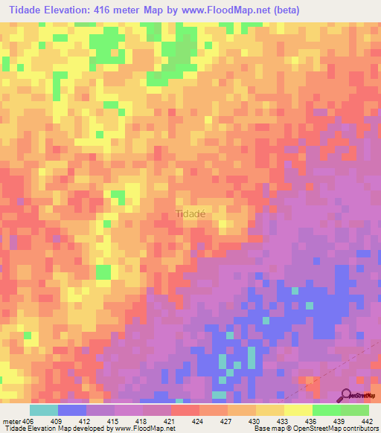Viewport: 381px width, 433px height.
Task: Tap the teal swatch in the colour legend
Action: pyautogui.click(x=44, y=410)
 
